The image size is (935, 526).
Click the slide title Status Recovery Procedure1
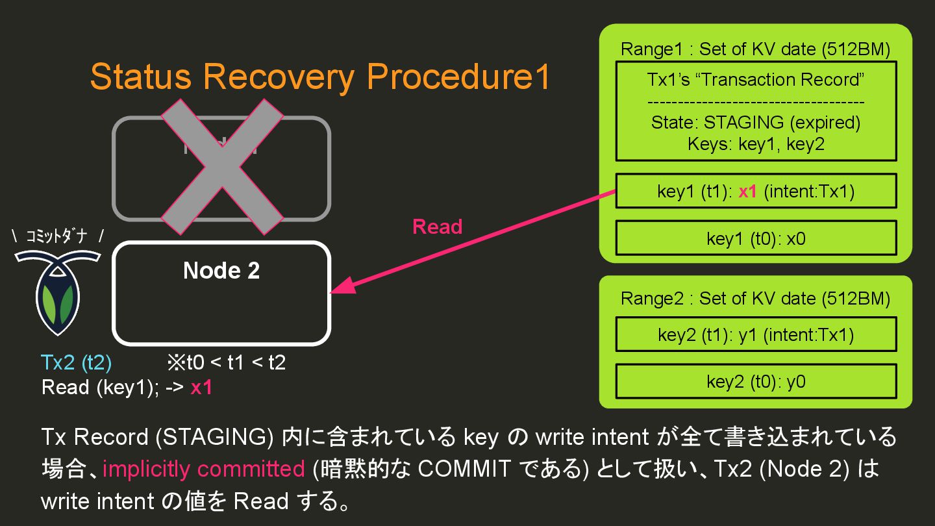coord(320,77)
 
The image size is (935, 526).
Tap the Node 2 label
coord(221,271)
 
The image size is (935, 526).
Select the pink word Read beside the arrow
coord(437,227)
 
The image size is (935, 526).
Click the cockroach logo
coord(58,292)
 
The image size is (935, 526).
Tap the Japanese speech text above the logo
coord(58,237)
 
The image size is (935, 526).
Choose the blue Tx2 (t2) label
coord(76,362)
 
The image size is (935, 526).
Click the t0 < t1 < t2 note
coord(226,362)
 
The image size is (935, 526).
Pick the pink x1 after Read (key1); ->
coord(201,388)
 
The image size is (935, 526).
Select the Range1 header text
coord(755,49)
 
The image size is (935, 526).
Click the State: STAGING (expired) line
coord(755,123)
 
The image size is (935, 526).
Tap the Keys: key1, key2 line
coord(755,144)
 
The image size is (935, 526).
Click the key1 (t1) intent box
coord(755,191)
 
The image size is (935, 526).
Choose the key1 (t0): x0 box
coord(755,238)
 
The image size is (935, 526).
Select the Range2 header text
coord(755,299)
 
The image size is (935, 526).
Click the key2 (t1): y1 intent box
coord(755,334)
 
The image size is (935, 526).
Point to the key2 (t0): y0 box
coord(755,381)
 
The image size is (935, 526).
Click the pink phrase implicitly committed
coord(203,469)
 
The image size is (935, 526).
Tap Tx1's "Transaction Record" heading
coord(755,80)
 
